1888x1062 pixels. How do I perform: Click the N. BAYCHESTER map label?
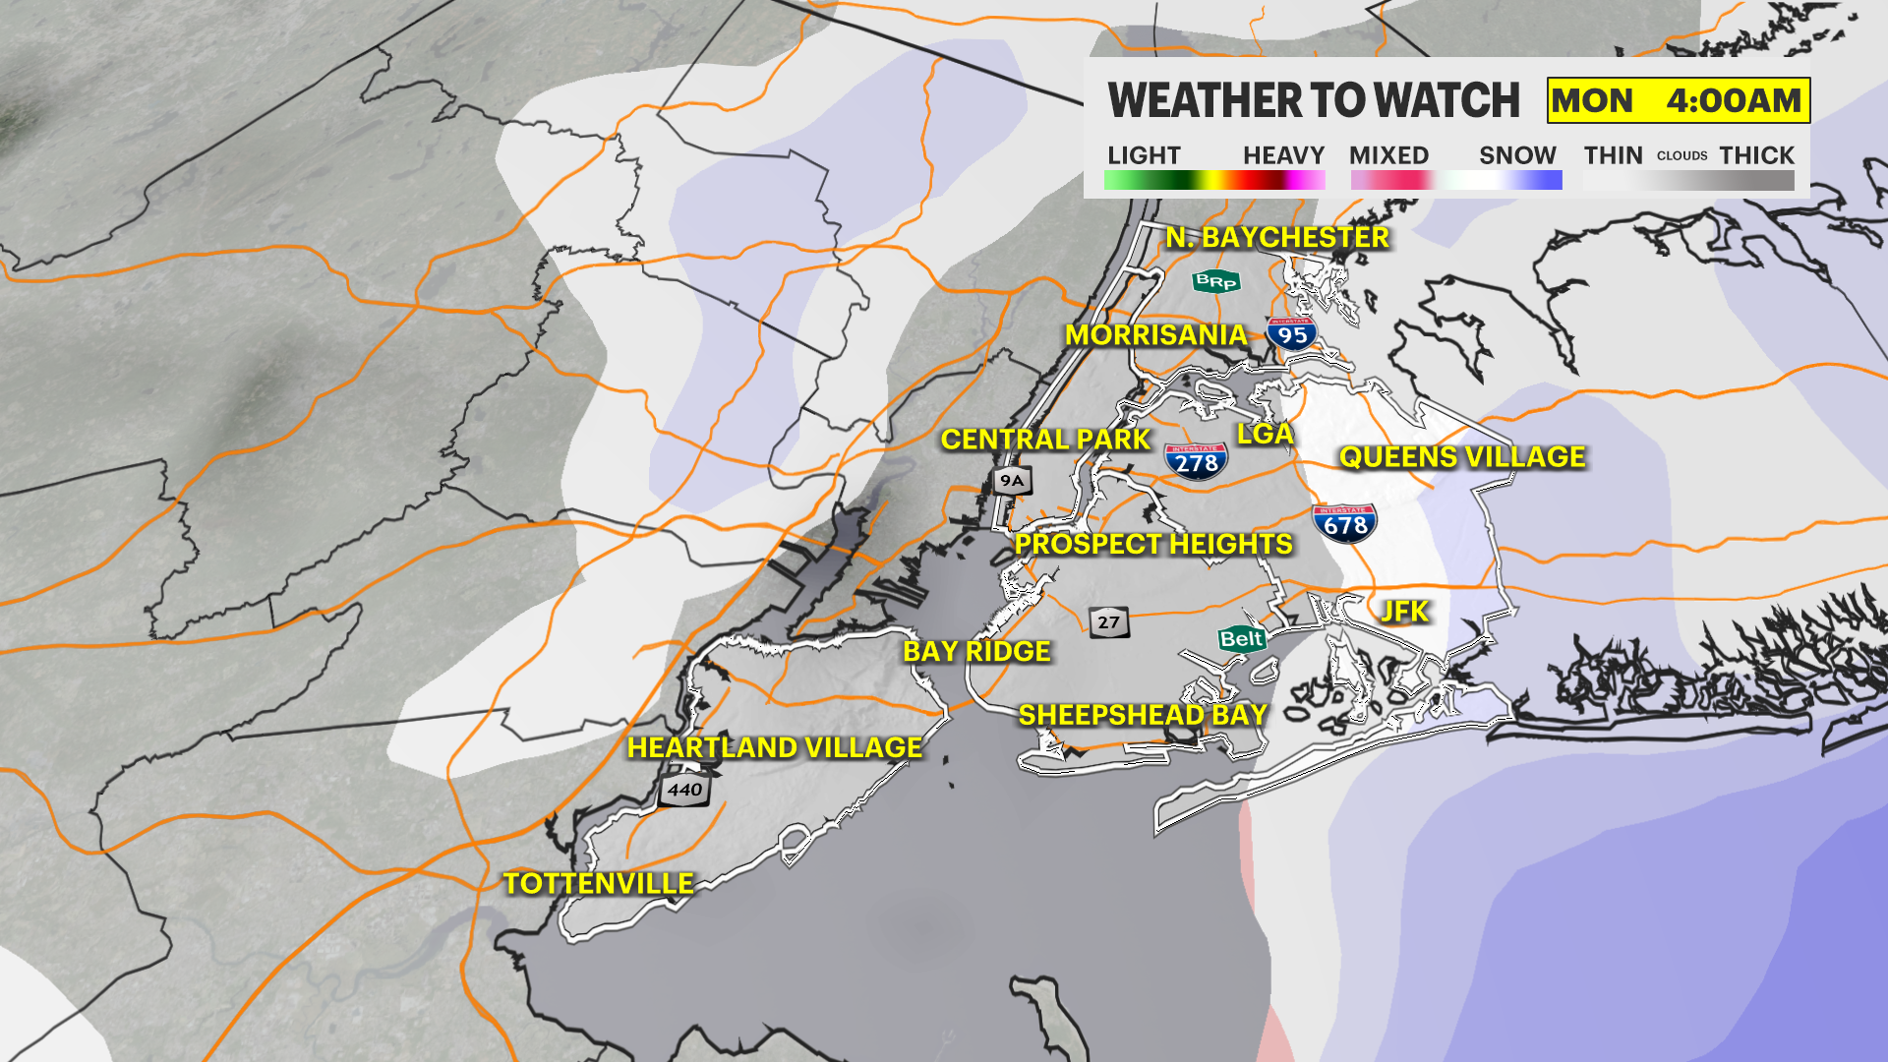coord(1277,238)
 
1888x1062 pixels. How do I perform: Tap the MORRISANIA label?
coord(1156,335)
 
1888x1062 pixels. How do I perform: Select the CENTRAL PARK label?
coord(1045,440)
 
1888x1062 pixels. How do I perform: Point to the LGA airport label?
coord(1265,434)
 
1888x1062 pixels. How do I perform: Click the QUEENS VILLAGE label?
coord(1462,457)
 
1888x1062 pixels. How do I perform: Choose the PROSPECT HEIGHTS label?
coord(1153,544)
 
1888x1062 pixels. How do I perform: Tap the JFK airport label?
coord(1403,612)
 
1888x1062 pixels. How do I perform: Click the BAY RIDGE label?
coord(976,651)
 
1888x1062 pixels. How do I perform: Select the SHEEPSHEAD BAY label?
coord(1143,715)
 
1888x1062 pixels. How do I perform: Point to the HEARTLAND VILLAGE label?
coord(775,747)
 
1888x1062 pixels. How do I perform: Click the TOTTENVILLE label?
coord(599,883)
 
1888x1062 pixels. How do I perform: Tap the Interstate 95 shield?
coord(1292,334)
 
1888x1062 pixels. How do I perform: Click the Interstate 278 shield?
coord(1196,461)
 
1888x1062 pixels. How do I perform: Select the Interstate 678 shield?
coord(1344,524)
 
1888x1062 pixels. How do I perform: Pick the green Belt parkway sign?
coord(1241,639)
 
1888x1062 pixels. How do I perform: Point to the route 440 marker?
coord(684,790)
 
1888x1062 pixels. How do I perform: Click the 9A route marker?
coord(1012,481)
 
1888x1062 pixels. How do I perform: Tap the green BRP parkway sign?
coord(1216,282)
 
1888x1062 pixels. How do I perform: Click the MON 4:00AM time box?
coord(1678,100)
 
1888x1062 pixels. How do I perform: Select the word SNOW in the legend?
coord(1517,155)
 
